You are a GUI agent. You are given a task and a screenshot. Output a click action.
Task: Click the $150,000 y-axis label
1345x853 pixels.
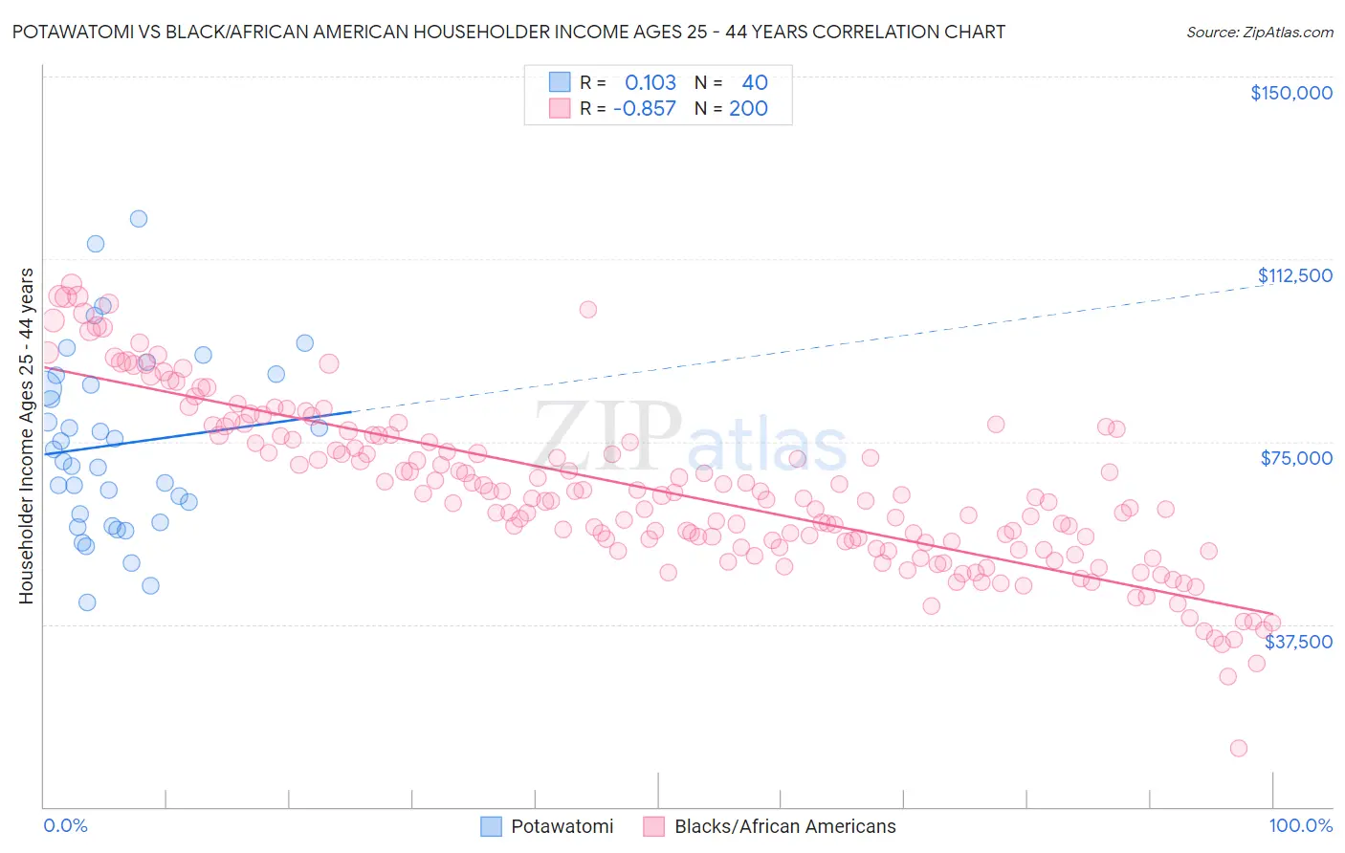click(1290, 93)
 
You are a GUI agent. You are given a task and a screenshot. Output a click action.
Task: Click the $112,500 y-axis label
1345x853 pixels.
click(1293, 275)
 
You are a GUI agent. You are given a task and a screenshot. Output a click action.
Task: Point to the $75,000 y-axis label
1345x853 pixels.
click(1295, 458)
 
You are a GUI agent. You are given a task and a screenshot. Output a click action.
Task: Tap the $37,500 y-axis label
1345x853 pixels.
click(1298, 641)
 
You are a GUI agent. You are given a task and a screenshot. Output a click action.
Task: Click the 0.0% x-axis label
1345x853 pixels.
click(65, 825)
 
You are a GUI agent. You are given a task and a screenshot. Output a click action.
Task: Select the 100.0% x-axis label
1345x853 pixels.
click(1300, 825)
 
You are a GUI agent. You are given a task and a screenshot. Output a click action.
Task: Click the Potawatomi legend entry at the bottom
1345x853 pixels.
click(562, 826)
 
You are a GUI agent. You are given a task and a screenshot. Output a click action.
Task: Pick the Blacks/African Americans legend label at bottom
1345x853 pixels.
click(784, 826)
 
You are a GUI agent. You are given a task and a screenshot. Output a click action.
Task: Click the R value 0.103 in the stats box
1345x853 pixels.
click(650, 82)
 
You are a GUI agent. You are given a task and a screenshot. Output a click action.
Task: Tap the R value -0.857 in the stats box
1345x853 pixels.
click(644, 108)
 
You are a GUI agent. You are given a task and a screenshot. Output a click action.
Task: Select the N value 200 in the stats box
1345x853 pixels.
click(748, 108)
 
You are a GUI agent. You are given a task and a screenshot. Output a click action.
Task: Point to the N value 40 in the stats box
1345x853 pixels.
click(754, 82)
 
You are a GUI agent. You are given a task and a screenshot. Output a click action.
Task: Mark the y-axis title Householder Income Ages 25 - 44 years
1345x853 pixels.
click(26, 436)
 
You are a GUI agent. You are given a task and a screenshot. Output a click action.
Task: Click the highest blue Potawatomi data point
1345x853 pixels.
click(139, 219)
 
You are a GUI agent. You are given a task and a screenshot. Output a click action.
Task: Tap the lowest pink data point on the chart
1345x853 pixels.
click(1238, 748)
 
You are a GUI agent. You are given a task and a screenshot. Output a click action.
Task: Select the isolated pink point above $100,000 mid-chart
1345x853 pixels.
click(587, 310)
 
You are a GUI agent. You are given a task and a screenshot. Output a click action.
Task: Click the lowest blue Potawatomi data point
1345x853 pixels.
click(87, 602)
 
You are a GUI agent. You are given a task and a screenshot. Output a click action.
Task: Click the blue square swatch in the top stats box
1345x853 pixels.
click(560, 82)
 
